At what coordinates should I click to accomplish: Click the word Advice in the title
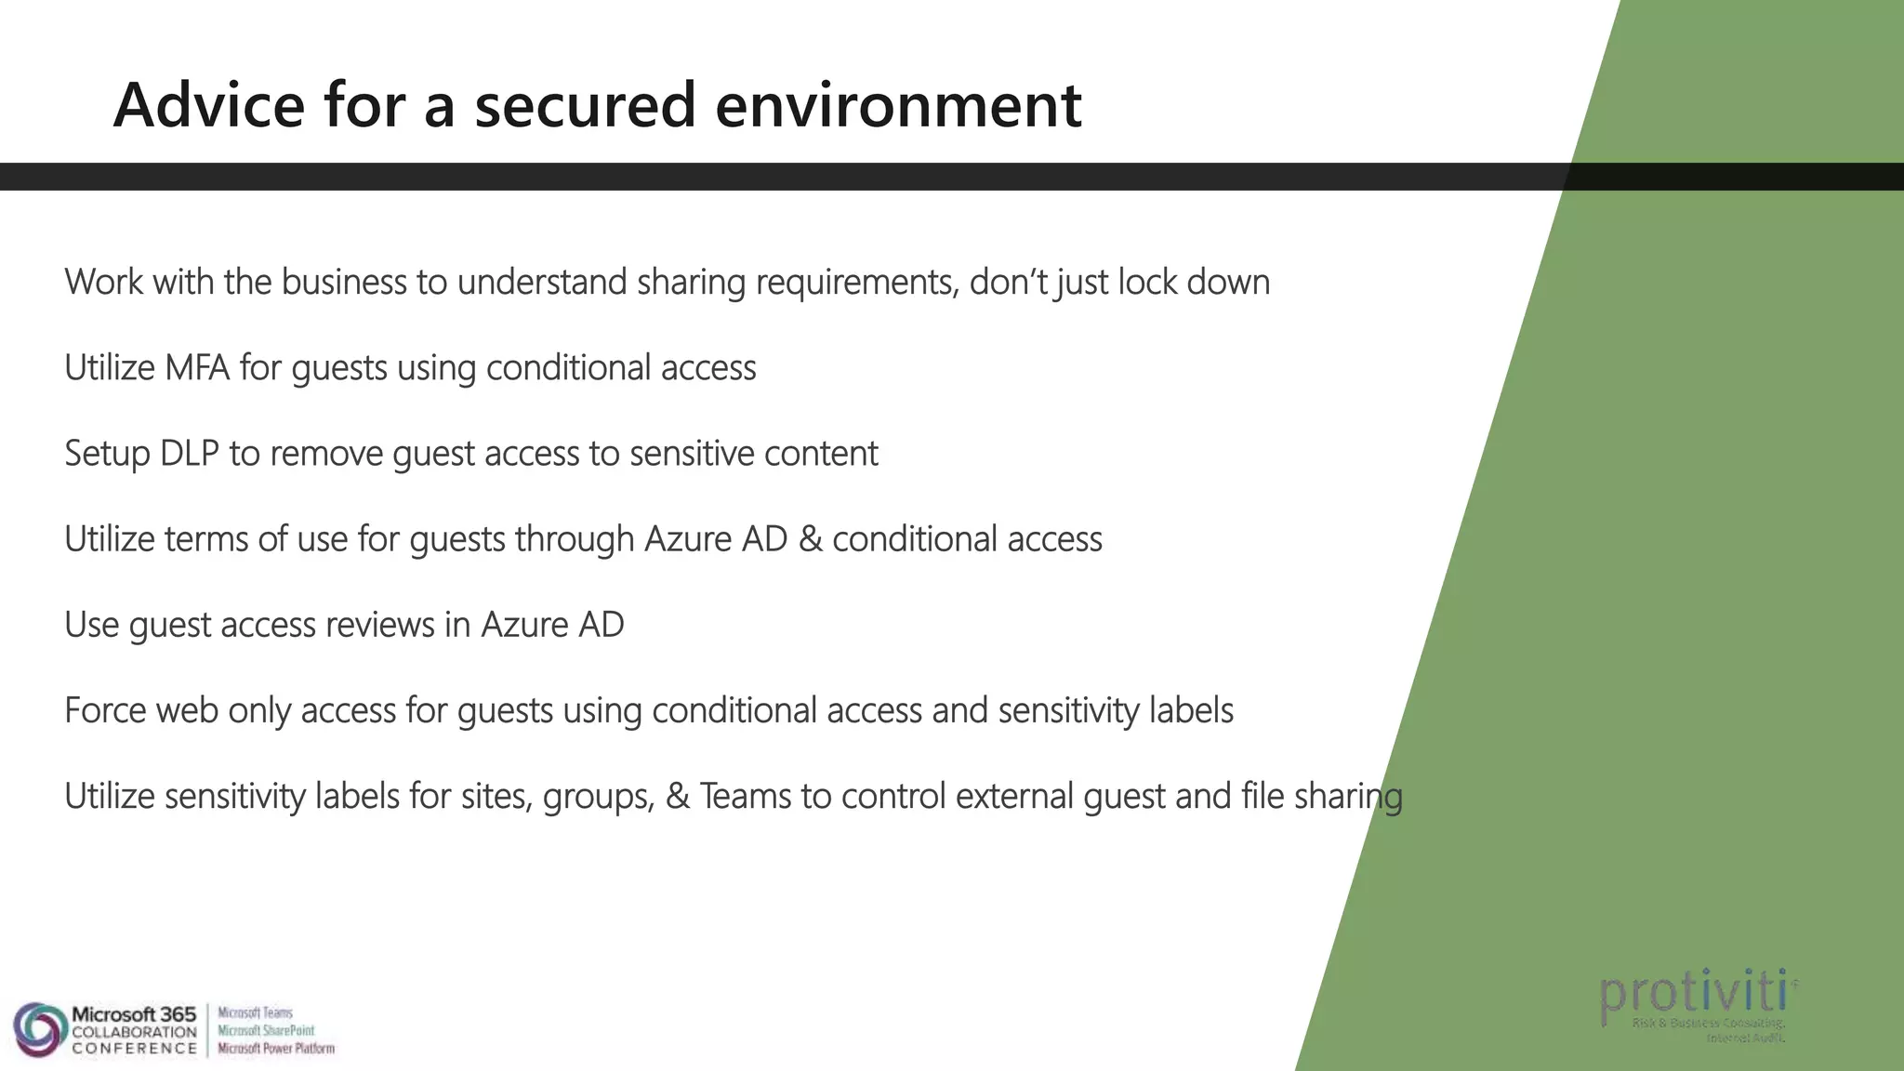209,104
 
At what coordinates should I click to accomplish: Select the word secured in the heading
585,104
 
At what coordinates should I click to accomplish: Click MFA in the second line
197,368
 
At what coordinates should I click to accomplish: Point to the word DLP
190,454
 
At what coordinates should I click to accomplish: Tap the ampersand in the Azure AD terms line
810,539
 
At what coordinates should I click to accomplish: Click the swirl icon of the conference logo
39,1029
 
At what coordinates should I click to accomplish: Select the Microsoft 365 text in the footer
134,1013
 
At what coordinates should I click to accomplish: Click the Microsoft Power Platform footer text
276,1049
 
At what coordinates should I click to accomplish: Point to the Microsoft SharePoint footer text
266,1030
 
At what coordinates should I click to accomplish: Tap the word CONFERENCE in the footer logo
134,1049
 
